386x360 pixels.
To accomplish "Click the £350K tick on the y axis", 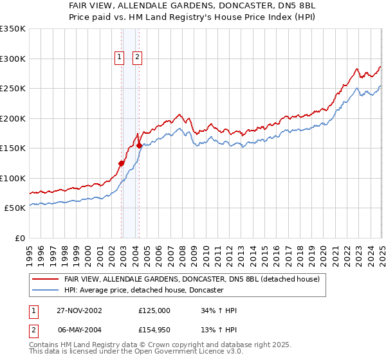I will click(x=12, y=29).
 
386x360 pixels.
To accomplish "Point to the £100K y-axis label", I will click(x=12, y=178).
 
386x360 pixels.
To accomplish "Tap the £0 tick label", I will click(x=20, y=238).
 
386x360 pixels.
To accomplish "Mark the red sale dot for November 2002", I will click(x=122, y=163).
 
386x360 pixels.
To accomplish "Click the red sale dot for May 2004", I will click(x=139, y=145).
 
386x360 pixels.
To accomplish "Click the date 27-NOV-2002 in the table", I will click(x=79, y=310).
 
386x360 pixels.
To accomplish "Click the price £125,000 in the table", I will click(x=154, y=310).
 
